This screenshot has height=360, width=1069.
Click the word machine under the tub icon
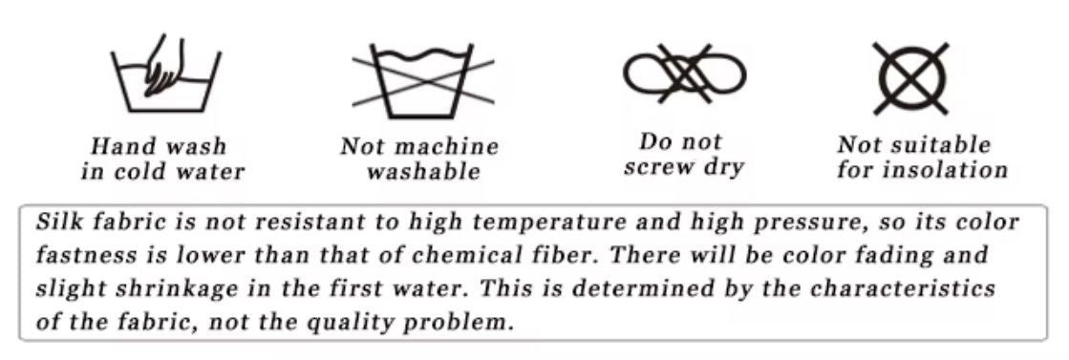445,147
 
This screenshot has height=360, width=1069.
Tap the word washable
422,173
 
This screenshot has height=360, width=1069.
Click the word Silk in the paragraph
55,222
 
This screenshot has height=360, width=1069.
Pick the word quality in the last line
353,322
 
